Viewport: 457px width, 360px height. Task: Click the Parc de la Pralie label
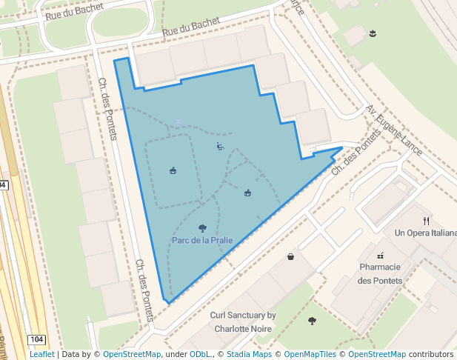pos(202,240)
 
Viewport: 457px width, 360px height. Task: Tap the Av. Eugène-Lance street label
pos(394,130)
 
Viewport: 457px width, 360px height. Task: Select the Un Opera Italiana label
pos(425,233)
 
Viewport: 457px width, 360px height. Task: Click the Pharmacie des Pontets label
pos(380,273)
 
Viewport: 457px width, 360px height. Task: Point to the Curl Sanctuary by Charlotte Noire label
pos(243,321)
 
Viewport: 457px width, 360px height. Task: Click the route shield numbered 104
pos(37,339)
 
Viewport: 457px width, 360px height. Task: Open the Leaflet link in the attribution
pos(41,354)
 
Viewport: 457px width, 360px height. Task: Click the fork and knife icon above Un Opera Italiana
pos(426,220)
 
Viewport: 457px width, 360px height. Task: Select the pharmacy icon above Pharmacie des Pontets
pos(380,255)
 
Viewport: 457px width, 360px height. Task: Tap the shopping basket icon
pos(290,257)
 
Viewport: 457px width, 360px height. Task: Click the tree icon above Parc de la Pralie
pos(202,228)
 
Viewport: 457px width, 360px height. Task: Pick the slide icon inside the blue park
pos(220,147)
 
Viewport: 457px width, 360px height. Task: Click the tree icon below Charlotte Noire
pos(312,321)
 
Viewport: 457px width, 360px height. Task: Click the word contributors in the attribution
pos(431,354)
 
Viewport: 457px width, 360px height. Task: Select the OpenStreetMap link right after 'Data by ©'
pos(131,354)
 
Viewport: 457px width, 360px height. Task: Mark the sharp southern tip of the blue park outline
pos(167,303)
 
